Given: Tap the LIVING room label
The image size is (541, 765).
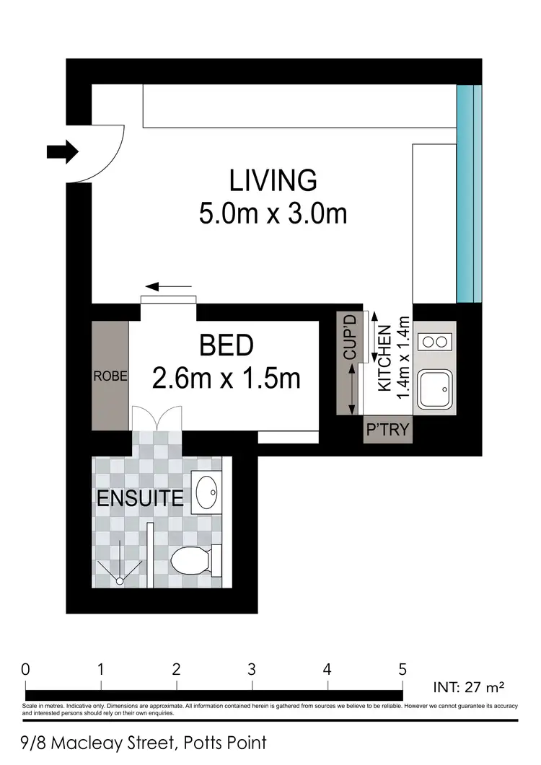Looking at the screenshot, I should (x=273, y=180).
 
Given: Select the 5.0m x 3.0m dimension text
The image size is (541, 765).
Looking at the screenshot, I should (x=273, y=213).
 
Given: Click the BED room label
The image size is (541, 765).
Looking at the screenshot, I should (x=226, y=345).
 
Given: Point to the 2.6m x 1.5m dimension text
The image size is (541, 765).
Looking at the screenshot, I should (x=226, y=378).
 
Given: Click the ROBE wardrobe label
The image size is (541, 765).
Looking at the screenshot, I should (x=110, y=376).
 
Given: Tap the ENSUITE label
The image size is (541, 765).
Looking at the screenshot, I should (x=140, y=499).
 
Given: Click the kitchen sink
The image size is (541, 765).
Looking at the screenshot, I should (x=436, y=392).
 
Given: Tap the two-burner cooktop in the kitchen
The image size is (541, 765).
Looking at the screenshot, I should (x=436, y=340).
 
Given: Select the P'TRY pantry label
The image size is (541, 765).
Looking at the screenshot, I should (x=387, y=431).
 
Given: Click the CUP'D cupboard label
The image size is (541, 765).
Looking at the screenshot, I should (x=350, y=337).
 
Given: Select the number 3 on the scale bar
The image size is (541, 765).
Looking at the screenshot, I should (x=252, y=668).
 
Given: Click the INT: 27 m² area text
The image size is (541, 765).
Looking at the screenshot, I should (x=470, y=686).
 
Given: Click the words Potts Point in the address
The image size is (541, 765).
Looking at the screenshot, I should (x=225, y=743).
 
